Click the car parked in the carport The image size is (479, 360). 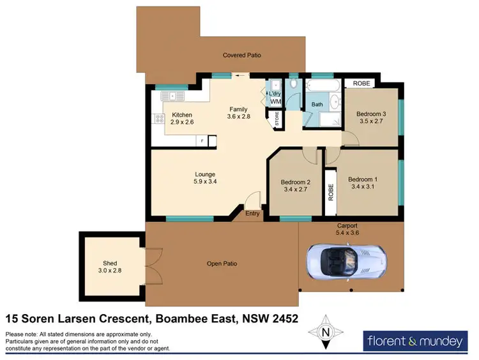tap(346, 261)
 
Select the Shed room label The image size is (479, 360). tap(110, 263)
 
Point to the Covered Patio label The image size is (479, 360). tap(241, 56)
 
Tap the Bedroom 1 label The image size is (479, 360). tap(363, 179)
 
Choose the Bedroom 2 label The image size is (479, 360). tap(295, 182)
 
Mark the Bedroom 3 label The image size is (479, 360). tap(371, 113)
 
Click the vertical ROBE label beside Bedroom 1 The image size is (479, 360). tap(331, 193)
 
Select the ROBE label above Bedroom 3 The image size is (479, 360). tap(361, 83)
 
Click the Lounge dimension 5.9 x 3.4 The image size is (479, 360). tap(205, 181)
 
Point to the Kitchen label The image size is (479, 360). tap(182, 115)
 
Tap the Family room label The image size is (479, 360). tap(238, 109)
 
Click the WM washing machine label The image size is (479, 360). tap(275, 101)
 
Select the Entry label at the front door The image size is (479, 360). tap(254, 214)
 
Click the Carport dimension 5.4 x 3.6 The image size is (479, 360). tap(347, 234)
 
